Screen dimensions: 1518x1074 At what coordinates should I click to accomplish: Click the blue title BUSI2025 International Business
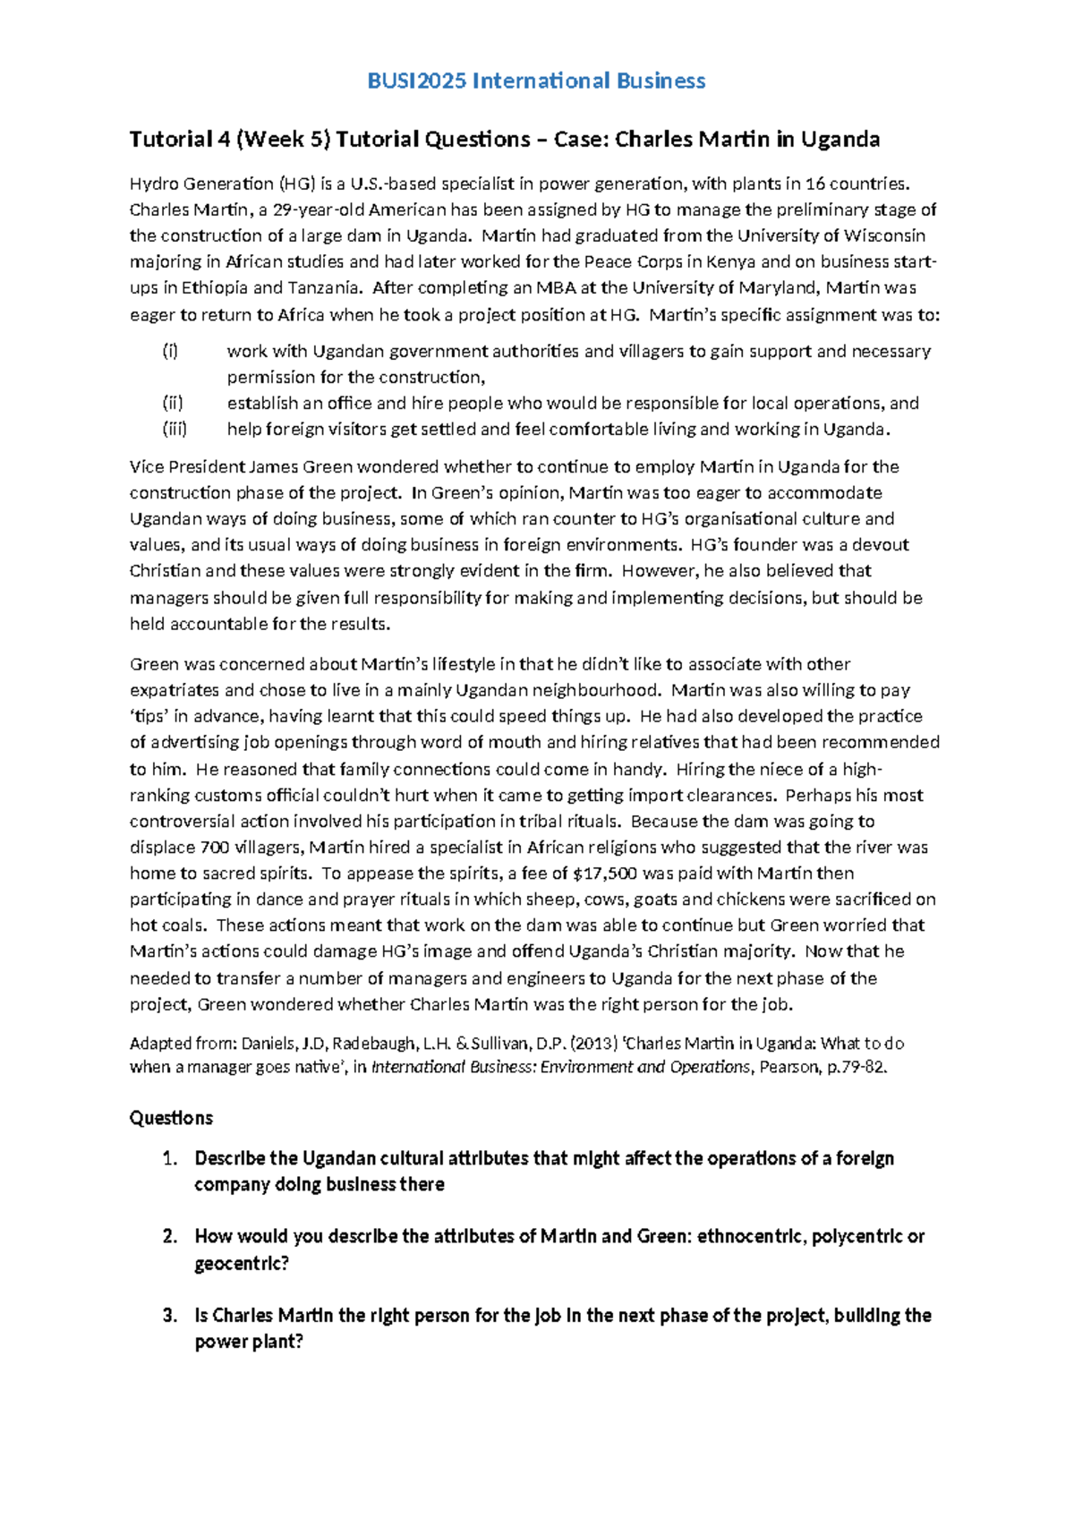(x=536, y=81)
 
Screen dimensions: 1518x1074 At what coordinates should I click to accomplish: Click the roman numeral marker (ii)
(x=173, y=404)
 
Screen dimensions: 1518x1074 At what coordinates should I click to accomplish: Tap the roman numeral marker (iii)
(x=175, y=430)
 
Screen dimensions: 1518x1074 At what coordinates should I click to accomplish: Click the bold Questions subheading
(x=171, y=1119)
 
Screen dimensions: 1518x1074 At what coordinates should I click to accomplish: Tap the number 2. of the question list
(x=170, y=1237)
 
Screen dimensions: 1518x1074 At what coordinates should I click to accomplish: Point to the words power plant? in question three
(x=249, y=1343)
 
